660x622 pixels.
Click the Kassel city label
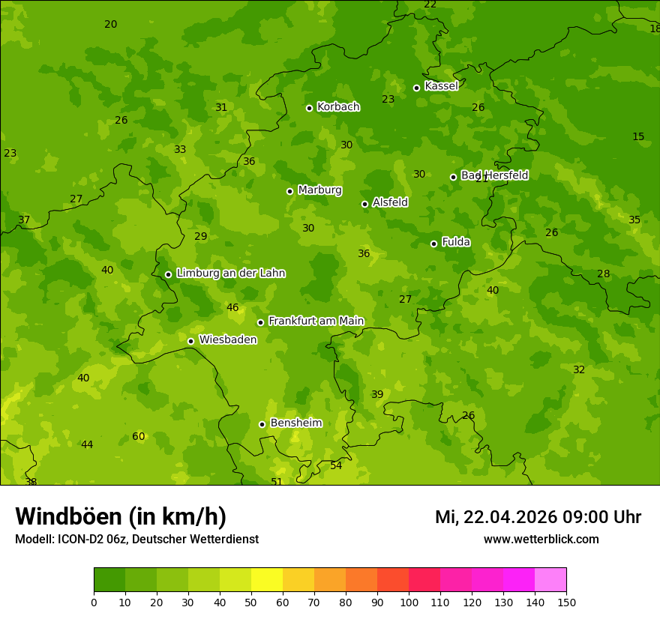coord(441,86)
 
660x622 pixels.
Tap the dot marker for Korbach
coord(309,108)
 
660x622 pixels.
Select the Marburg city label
coord(319,190)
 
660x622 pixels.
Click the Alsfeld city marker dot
coord(364,204)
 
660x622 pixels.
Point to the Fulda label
coord(456,242)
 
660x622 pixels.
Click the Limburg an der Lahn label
coord(230,274)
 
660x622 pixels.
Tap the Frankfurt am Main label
coord(316,321)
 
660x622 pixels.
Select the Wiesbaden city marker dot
coord(190,341)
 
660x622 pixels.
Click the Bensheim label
coord(295,423)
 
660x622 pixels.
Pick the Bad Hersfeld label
coord(494,175)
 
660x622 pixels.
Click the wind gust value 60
coord(139,437)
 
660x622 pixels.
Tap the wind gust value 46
coord(232,308)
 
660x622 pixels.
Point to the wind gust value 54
coord(336,466)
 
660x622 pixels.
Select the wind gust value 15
coord(638,137)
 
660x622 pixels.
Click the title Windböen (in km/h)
coord(121,516)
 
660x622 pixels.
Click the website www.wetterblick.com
coord(541,540)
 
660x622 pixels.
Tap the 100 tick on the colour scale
coord(409,602)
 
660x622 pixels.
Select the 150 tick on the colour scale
coord(565,602)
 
